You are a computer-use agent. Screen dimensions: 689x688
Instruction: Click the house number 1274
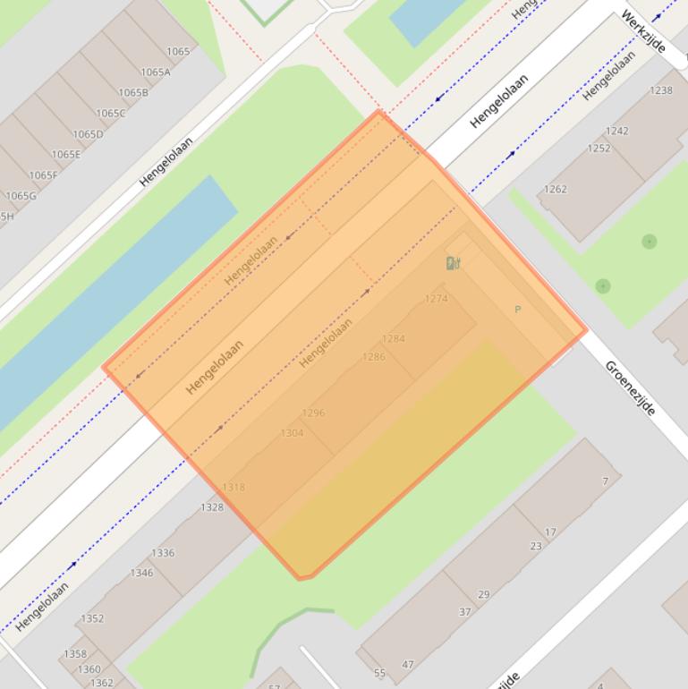point(437,299)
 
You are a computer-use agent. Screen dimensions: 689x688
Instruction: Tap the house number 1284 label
point(394,339)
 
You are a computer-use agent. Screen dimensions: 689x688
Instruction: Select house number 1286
point(374,357)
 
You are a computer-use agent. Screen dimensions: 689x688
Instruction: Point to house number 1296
point(313,413)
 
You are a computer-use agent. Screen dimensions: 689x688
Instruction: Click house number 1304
point(293,433)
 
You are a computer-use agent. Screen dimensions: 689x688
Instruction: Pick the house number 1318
point(234,488)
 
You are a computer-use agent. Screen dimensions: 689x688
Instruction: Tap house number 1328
point(212,507)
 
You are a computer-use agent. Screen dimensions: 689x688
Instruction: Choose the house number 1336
point(163,553)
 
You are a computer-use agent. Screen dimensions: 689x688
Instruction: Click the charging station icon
point(453,263)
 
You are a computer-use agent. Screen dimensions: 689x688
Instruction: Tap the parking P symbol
point(517,310)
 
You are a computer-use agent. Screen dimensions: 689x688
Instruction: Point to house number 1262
point(556,190)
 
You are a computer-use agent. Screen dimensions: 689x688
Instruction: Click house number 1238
point(661,90)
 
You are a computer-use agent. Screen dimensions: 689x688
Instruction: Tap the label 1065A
point(156,72)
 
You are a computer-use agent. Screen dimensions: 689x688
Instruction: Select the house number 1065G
point(21,196)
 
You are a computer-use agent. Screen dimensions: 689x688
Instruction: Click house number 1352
point(92,618)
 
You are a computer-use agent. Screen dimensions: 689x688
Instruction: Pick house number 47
point(408,665)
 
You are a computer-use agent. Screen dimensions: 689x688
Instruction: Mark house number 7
point(606,481)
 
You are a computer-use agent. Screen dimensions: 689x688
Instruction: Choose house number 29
point(484,594)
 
